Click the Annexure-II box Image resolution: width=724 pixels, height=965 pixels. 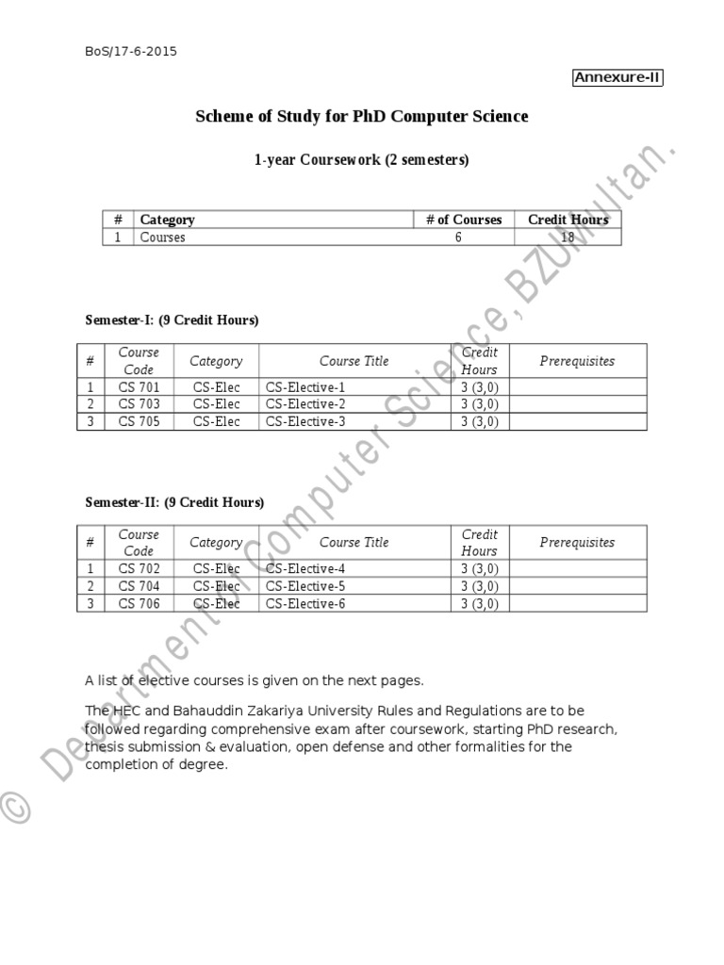coord(617,78)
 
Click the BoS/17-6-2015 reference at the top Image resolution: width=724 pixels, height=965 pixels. coord(131,51)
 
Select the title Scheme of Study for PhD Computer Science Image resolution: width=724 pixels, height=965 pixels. coord(361,117)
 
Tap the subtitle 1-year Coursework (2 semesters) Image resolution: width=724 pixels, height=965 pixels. coord(361,160)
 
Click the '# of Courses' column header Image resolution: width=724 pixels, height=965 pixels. coord(463,220)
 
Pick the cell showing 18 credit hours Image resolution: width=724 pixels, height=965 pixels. coord(568,237)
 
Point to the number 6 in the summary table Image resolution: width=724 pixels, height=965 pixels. coord(458,237)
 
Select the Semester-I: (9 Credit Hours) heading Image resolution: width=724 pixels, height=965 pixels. coord(172,320)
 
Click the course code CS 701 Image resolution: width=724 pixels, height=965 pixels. coord(139,387)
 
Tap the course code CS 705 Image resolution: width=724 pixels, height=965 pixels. coord(139,421)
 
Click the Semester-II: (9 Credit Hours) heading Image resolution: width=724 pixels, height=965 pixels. coord(174,502)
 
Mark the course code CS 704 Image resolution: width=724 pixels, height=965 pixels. coord(139,586)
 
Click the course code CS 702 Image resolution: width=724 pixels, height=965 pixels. coord(139,569)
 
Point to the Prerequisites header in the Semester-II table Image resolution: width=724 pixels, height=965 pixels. coord(577,543)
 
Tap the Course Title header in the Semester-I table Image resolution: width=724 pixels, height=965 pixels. coord(354,361)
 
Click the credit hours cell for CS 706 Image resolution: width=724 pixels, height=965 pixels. coord(479,603)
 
